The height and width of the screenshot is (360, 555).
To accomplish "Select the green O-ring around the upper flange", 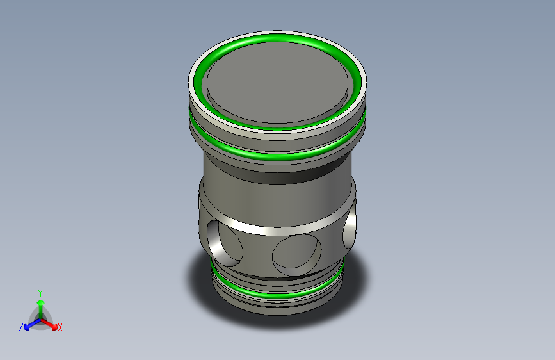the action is tap(278, 156).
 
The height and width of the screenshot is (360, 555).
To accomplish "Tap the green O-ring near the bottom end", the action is tap(278, 294).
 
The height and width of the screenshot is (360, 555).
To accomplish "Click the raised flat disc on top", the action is tap(278, 83).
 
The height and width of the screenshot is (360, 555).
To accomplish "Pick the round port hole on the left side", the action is tap(225, 243).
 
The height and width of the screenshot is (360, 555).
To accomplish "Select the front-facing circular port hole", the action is tap(296, 255).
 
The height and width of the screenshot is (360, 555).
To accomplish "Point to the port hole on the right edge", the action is tap(350, 226).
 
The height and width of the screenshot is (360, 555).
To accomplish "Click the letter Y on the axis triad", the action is tap(40, 293).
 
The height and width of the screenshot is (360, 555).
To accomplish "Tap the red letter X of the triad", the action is tap(60, 328).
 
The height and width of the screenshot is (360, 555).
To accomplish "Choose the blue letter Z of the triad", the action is tap(21, 327).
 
